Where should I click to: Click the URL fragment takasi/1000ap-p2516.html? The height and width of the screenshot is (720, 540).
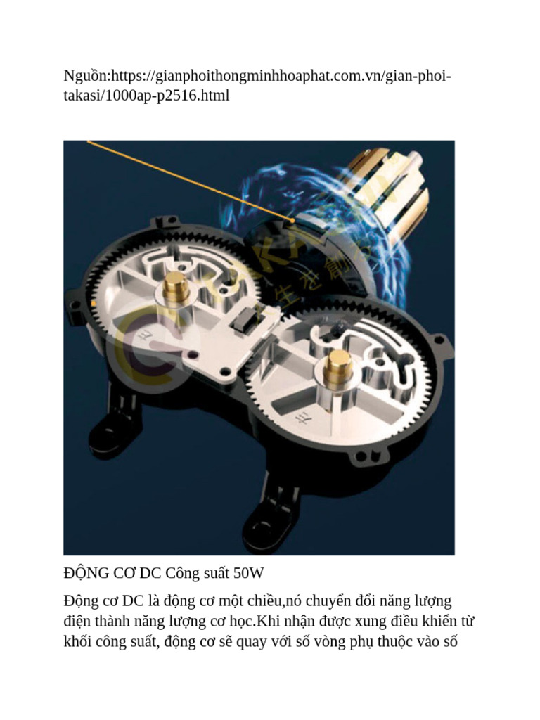146,96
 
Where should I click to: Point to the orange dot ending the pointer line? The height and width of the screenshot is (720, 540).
292,221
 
